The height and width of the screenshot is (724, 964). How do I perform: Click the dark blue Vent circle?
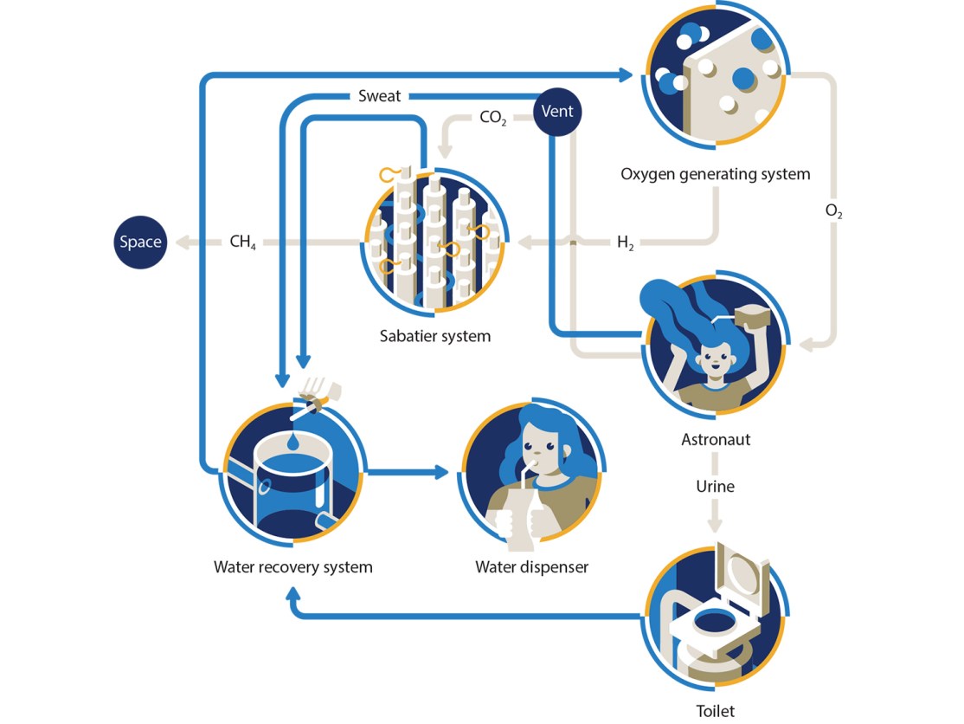point(557,113)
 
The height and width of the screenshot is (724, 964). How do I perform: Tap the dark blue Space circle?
point(140,242)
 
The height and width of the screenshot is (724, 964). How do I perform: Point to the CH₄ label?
point(242,242)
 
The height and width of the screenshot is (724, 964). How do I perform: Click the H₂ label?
point(625,243)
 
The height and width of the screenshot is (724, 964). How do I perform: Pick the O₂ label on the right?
point(834,212)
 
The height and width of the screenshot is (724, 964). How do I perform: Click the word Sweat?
point(380,95)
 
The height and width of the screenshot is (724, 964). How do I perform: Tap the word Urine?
point(715,486)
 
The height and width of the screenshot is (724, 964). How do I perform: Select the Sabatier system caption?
point(434,336)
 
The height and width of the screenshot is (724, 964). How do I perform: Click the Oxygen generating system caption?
point(715,174)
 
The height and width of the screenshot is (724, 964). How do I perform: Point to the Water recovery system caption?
point(292,567)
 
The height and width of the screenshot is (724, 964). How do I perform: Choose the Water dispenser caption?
point(531,567)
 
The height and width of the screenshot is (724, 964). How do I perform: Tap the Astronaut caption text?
point(715,440)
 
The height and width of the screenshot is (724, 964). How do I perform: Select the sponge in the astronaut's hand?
point(752,317)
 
